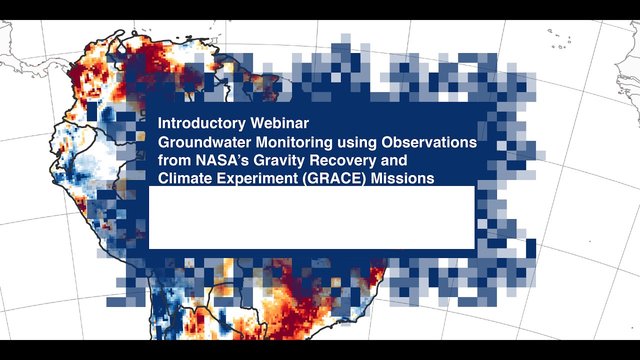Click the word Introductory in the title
click(201, 123)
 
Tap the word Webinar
click(279, 123)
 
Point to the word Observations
click(429, 142)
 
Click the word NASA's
click(222, 160)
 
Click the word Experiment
click(257, 179)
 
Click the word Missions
click(402, 178)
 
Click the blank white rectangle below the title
click(311, 217)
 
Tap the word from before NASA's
click(174, 160)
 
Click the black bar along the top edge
click(320, 9)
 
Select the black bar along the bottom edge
click(320, 350)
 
